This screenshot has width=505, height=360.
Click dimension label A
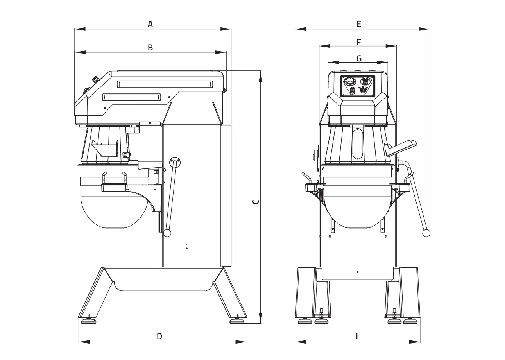pos(150,24)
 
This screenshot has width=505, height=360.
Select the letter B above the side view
pos(150,47)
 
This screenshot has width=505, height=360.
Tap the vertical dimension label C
pos(255,202)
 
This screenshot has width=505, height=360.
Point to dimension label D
pos(159,336)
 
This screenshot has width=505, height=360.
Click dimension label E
pos(359,24)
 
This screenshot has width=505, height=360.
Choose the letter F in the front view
pos(359,41)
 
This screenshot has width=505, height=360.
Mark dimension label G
pos(359,58)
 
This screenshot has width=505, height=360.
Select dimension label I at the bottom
pos(357,336)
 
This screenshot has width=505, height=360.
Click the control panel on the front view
pos(358,86)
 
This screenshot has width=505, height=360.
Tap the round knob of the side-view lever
pos(167,233)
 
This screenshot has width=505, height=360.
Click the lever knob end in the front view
pos(426,233)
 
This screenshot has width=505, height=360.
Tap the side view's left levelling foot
pos(88,321)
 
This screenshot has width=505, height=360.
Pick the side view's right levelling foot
pos(237,321)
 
